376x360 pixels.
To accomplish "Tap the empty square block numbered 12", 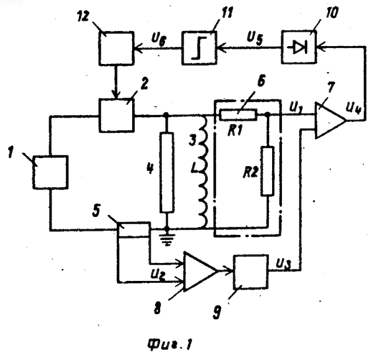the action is [x=116, y=48].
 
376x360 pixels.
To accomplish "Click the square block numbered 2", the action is [x=117, y=116].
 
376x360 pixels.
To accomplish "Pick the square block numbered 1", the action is [x=51, y=172].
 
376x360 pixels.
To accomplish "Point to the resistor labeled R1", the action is [x=238, y=115].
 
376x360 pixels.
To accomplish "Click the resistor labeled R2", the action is [x=268, y=171].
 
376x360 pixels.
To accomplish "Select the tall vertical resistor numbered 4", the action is [x=167, y=172].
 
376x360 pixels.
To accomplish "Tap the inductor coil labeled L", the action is [x=203, y=172].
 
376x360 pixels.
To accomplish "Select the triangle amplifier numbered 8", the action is [x=200, y=272].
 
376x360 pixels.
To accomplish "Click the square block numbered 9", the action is [x=251, y=272].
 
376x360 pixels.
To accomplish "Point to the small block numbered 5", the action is [x=133, y=230].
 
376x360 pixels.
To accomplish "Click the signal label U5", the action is [x=255, y=39].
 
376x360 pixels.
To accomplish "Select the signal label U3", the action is [x=283, y=264].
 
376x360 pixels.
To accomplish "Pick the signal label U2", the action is [x=158, y=275].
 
